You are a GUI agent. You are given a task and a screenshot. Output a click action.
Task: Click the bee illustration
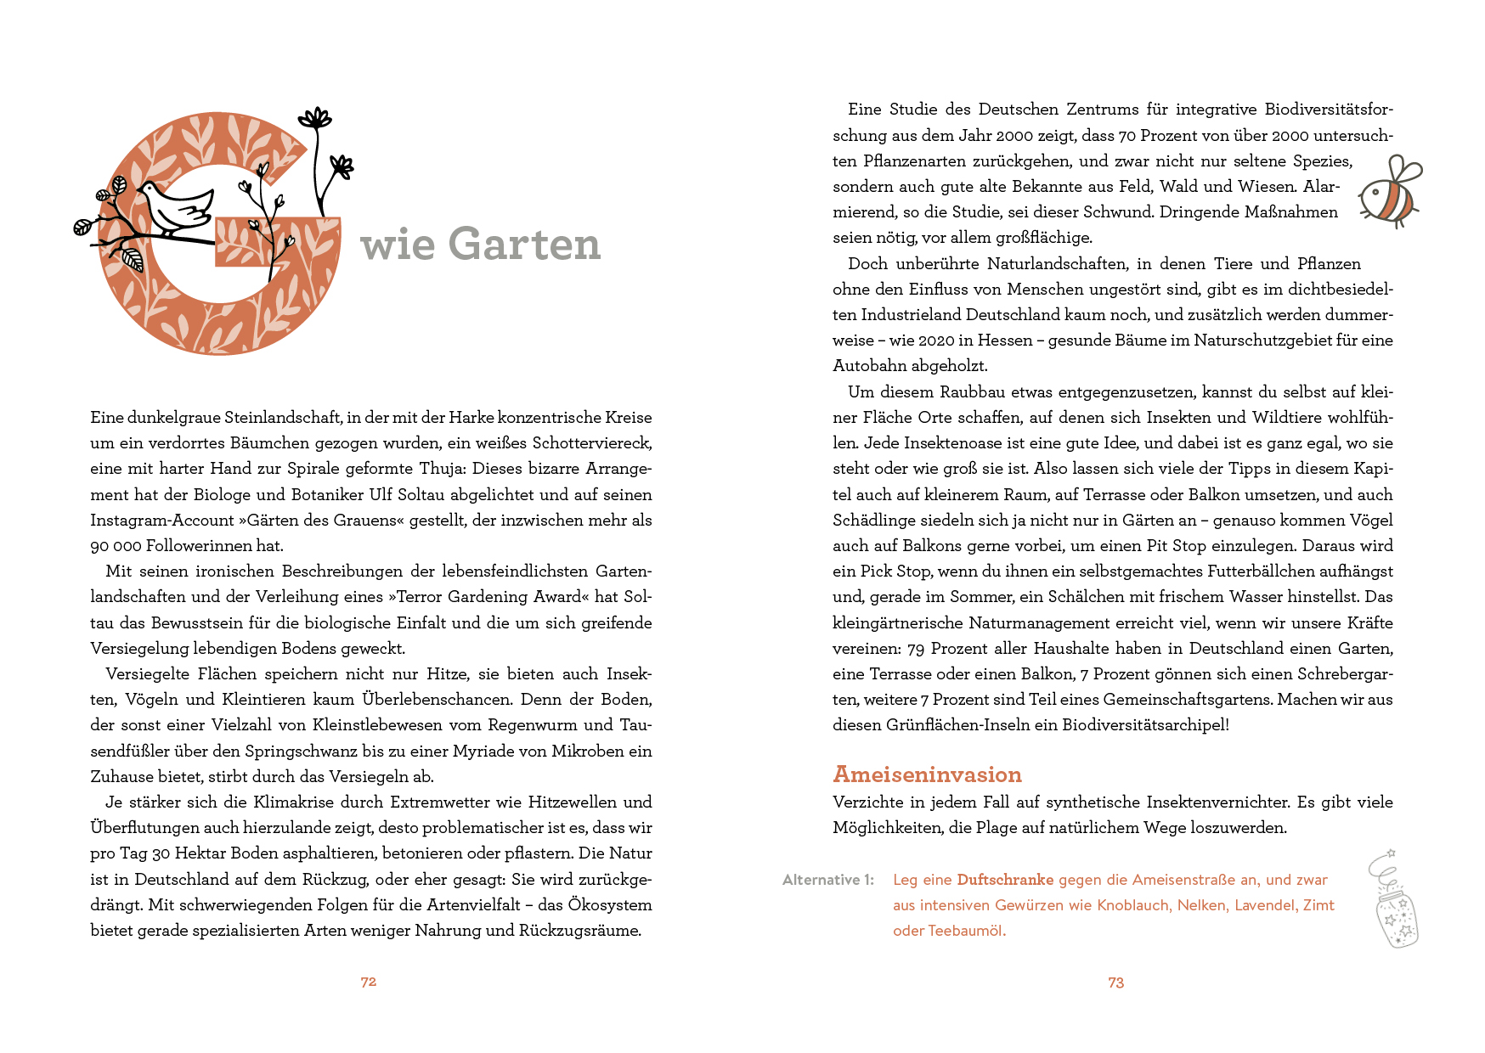tap(1390, 194)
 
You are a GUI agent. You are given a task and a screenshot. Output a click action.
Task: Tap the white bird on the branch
tap(176, 207)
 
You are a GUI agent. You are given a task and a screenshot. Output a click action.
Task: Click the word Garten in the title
tap(524, 245)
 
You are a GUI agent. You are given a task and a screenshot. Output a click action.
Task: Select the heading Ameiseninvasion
tap(927, 774)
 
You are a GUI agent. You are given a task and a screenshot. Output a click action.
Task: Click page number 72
tap(368, 982)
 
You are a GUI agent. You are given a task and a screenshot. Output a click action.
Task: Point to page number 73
tap(1115, 983)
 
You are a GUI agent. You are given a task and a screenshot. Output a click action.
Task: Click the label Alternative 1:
tap(827, 880)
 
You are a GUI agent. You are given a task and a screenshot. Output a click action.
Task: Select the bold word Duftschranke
tap(1005, 880)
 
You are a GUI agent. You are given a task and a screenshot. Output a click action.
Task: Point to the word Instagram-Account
tap(162, 521)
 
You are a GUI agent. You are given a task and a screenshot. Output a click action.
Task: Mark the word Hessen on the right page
tap(1005, 341)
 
